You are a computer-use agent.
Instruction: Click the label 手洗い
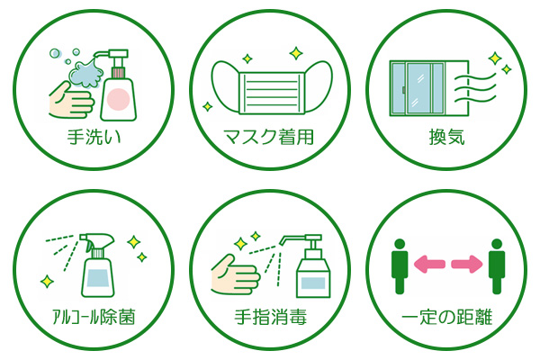point(94,139)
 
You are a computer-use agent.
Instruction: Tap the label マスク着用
point(270,139)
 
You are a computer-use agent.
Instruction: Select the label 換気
point(446,139)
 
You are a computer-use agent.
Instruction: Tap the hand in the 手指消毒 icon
point(236,274)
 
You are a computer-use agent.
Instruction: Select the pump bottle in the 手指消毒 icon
point(310,270)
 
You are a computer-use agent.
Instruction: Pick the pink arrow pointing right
point(467,265)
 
